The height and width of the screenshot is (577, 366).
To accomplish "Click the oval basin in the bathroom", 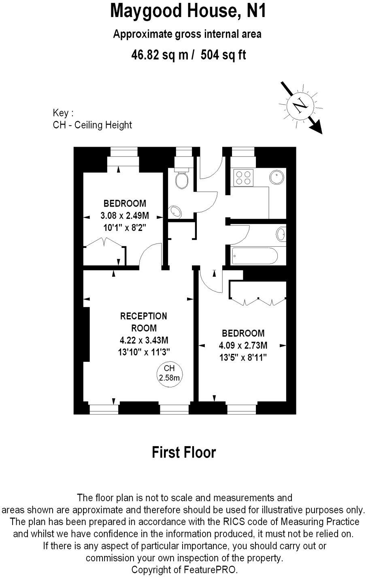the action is tap(281, 234).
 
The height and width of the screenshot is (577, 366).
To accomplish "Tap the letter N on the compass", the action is tap(300, 106).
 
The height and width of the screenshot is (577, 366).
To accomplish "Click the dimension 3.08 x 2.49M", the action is tap(125, 215).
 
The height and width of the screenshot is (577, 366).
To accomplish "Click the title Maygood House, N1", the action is tap(188, 11).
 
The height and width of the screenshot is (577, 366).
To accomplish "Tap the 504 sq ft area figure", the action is tap(222, 54).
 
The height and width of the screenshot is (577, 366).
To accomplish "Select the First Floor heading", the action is tap(183, 452).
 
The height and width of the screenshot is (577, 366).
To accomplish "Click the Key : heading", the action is tap(63, 113).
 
